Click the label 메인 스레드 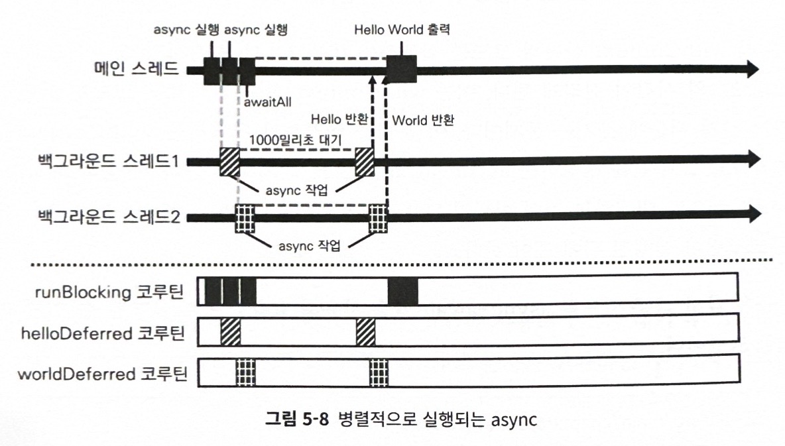[136, 68]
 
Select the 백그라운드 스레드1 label [108, 160]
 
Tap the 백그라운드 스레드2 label [109, 217]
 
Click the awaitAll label [267, 102]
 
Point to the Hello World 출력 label [402, 30]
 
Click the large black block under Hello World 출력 [402, 69]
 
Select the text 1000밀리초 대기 [295, 140]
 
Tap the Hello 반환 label [339, 119]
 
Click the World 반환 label [423, 120]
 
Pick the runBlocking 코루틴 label [109, 292]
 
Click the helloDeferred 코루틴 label [103, 333]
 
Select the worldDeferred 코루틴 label [103, 374]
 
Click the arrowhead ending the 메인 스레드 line [753, 68]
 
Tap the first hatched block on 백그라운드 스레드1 [230, 162]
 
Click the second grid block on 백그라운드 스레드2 [378, 219]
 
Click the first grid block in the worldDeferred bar [245, 372]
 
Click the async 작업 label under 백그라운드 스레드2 [310, 246]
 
